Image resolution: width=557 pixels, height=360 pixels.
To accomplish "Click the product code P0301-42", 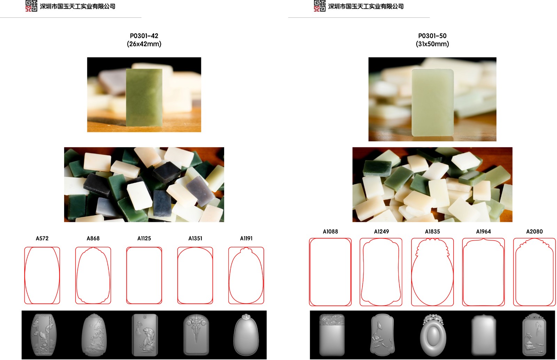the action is click(x=144, y=36).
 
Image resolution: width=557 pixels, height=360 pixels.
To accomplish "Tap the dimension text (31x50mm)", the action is click(x=432, y=44).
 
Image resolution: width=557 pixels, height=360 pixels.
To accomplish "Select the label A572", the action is click(x=42, y=238).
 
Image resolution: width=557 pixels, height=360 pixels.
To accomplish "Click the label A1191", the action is click(x=246, y=238).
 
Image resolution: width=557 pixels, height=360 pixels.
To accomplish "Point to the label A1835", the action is click(x=432, y=232).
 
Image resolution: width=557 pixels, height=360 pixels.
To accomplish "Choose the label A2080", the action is click(x=534, y=232).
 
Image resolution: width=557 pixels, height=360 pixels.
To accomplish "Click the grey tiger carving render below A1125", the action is click(x=145, y=335).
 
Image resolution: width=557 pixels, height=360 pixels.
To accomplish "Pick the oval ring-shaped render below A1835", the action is click(x=433, y=335).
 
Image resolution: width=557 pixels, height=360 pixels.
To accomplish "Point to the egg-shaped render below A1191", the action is click(x=246, y=335).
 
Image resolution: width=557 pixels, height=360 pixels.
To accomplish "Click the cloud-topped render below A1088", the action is click(x=332, y=335).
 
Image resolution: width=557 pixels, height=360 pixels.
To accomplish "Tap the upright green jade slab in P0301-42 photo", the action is click(x=144, y=97).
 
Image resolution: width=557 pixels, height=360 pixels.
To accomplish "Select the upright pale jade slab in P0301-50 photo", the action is click(x=433, y=102).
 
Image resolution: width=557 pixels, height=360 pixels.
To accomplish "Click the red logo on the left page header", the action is click(x=31, y=6).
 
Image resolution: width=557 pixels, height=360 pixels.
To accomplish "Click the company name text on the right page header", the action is click(x=366, y=7).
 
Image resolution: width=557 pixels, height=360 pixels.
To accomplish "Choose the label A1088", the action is click(x=330, y=232).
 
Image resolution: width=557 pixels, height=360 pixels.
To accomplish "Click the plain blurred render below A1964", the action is click(x=484, y=335).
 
